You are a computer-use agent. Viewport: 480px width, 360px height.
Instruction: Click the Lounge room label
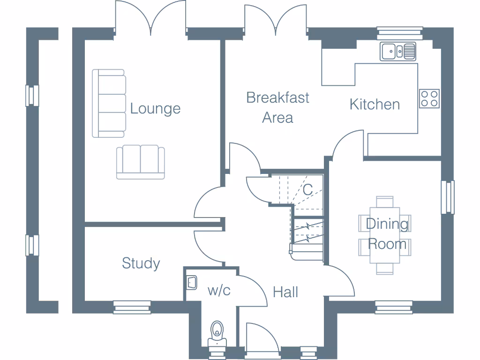pyautogui.click(x=155, y=109)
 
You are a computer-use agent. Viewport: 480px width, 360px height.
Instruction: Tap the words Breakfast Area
pyautogui.click(x=277, y=107)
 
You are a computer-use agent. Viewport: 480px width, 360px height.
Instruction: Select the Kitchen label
pyautogui.click(x=375, y=104)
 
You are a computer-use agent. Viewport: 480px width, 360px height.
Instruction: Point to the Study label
pyautogui.click(x=141, y=263)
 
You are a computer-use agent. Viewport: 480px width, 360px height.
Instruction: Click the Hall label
pyautogui.click(x=285, y=292)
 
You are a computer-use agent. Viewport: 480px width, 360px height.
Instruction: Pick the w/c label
pyautogui.click(x=219, y=291)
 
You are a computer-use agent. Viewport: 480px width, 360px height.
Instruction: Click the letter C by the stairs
pyautogui.click(x=307, y=190)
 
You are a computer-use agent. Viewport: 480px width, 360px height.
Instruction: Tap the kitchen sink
pyautogui.click(x=398, y=51)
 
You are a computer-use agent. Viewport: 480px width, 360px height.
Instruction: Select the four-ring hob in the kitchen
pyautogui.click(x=429, y=98)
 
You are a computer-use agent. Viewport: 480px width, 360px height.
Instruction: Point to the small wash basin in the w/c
pyautogui.click(x=191, y=282)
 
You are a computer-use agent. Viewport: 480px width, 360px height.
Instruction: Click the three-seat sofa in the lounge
pyautogui.click(x=109, y=103)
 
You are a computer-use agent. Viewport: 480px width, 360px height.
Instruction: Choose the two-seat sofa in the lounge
pyautogui.click(x=141, y=162)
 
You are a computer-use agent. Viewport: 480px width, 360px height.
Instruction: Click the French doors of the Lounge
pyautogui.click(x=150, y=19)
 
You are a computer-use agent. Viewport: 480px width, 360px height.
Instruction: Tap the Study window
pyautogui.click(x=131, y=307)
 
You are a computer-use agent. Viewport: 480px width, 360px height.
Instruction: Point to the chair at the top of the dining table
pyautogui.click(x=385, y=202)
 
